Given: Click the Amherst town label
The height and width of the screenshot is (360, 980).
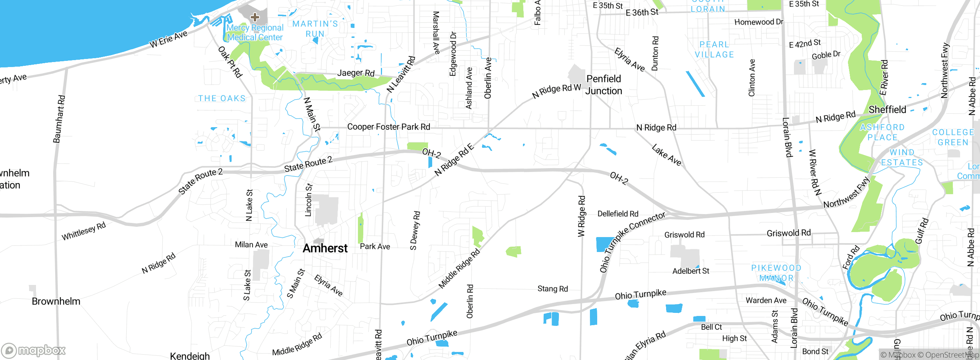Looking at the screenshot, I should [x=325, y=248].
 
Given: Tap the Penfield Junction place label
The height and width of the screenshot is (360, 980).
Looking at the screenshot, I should [x=604, y=85].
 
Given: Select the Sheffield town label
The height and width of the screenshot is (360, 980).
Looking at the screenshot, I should [x=887, y=110].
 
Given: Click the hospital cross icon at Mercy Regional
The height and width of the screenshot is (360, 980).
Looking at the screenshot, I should [x=255, y=17].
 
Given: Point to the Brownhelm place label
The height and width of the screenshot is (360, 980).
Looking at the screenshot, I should [x=56, y=301].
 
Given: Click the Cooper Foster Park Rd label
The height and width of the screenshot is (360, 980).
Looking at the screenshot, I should [x=389, y=127].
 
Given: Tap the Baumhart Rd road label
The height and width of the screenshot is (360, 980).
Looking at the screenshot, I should [x=59, y=119].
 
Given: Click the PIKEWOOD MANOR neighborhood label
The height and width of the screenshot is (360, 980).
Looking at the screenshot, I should [x=776, y=273].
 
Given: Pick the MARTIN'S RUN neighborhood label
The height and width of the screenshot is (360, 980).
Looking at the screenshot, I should [x=315, y=29].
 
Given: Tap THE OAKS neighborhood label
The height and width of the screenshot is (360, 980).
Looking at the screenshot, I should [x=222, y=98].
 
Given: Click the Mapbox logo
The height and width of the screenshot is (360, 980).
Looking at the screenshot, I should [x=34, y=350].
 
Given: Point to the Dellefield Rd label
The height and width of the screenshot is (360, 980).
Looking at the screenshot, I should [x=618, y=214].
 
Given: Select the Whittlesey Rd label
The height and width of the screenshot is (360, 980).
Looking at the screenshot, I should [x=83, y=231].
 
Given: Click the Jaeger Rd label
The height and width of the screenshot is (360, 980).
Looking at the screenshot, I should [x=356, y=73].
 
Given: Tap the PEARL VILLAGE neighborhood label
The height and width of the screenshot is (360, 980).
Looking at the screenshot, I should [x=714, y=50].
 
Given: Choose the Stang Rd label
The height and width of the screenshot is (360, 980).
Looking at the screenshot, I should [x=552, y=289].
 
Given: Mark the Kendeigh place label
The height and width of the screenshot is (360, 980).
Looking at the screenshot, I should [x=190, y=356].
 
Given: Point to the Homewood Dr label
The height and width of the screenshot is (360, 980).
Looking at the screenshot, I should [x=759, y=22].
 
